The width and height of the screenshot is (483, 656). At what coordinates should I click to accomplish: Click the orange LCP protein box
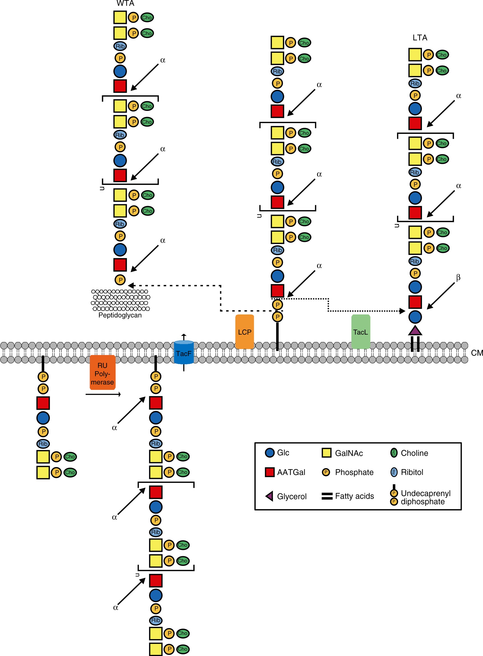[x=244, y=332]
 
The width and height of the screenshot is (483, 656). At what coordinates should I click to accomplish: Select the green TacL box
[x=361, y=332]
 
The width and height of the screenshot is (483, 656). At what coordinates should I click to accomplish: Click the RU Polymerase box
[x=102, y=373]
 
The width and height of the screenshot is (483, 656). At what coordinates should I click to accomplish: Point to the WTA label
[x=126, y=4]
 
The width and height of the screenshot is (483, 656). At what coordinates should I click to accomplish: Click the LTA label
[x=420, y=38]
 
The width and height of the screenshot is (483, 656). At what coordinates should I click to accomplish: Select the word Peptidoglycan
[x=120, y=315]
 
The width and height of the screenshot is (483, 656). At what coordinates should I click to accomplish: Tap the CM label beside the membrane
[x=477, y=353]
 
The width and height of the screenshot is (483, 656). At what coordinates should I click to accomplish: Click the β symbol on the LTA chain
[x=458, y=277]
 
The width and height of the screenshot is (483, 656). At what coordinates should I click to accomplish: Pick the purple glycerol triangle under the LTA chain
[x=415, y=331]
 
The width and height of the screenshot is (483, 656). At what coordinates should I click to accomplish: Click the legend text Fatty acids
[x=354, y=496]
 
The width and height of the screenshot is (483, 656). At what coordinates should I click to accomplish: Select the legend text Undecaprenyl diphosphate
[x=425, y=498]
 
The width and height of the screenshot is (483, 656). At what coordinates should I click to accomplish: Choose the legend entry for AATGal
[x=291, y=472]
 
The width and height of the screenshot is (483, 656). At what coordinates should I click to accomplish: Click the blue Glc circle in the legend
[x=270, y=453]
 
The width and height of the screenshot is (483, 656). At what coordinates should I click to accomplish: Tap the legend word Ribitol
[x=412, y=472]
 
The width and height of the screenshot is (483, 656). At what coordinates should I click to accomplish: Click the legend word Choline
[x=414, y=453]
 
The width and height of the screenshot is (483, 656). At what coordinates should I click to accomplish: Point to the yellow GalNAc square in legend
[x=326, y=453]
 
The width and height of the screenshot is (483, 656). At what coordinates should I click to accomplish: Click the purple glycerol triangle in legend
[x=270, y=496]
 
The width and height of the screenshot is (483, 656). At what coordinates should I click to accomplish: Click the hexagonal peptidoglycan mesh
[x=121, y=300]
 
